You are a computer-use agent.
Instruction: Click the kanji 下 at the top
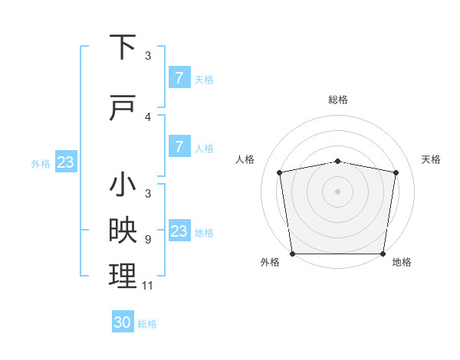(123, 47)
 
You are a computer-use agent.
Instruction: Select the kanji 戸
(123, 110)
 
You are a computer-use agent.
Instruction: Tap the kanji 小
(123, 185)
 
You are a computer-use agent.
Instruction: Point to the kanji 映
(123, 231)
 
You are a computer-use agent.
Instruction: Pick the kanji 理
(123, 276)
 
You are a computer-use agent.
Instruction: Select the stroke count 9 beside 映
(148, 239)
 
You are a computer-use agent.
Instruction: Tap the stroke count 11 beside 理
(148, 286)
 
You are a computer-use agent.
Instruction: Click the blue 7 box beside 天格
(179, 78)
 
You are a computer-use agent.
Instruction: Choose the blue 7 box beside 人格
(179, 147)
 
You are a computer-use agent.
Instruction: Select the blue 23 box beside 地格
(179, 231)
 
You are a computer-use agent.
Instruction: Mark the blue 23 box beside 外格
(65, 162)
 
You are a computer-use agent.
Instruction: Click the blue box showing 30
(122, 322)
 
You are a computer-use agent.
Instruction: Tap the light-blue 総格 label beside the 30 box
(147, 324)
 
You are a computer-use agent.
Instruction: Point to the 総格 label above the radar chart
(338, 100)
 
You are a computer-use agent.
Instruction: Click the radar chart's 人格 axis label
(245, 159)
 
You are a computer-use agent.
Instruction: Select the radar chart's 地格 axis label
(402, 262)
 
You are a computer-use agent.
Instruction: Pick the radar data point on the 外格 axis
(292, 254)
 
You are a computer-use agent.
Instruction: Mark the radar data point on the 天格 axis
(396, 172)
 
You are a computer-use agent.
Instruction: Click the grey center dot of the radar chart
(338, 191)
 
